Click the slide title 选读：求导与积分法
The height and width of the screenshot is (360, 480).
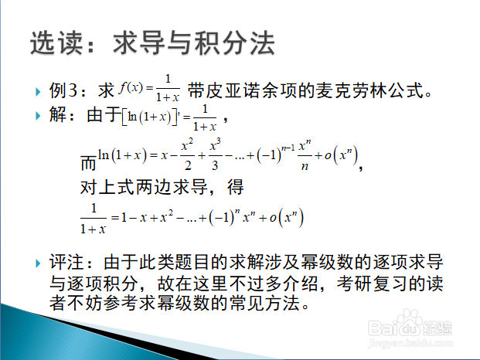coord(152,42)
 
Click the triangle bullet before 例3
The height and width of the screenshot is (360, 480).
coord(38,92)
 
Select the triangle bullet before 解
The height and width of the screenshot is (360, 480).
coord(38,116)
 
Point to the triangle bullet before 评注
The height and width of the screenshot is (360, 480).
coord(38,263)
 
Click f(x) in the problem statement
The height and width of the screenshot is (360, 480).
coord(131,88)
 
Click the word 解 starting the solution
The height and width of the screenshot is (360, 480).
coord(58,114)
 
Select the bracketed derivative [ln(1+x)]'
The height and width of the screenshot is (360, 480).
coord(151,117)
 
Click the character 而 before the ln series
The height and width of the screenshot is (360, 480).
coord(88,162)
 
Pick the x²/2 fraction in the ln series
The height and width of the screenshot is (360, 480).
coord(187,155)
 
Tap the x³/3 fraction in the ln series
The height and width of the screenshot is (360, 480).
coord(215,155)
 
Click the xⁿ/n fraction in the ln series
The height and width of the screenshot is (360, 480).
coord(305,155)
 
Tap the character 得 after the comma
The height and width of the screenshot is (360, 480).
coord(236,187)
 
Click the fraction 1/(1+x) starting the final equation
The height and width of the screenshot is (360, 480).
coord(94,219)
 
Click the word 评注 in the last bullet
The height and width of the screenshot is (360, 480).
coord(66,262)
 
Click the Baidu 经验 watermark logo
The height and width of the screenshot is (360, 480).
coord(410,326)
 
